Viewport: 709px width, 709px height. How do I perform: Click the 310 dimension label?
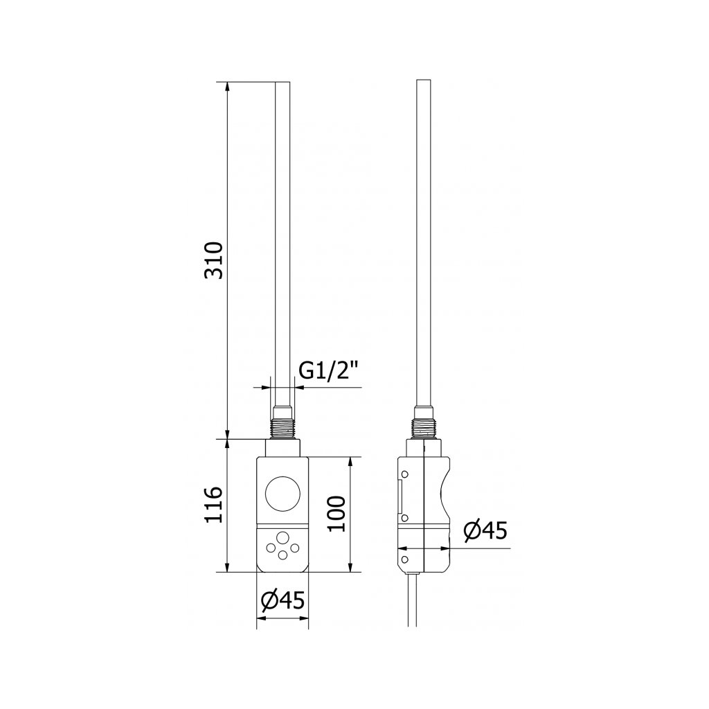click(x=214, y=260)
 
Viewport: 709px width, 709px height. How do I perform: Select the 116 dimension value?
click(x=214, y=505)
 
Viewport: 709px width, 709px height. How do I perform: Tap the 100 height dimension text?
click(x=336, y=514)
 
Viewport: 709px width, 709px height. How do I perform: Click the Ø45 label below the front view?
click(x=283, y=600)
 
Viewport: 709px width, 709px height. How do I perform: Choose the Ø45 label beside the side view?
click(x=485, y=530)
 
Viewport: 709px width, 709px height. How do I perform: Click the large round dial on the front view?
click(x=283, y=494)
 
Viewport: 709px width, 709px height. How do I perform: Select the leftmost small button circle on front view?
click(x=271, y=548)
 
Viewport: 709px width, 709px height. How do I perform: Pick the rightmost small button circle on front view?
click(x=295, y=548)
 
